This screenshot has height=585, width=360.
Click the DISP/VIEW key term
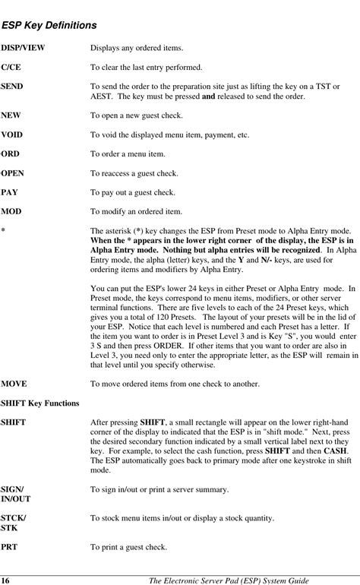[23, 48]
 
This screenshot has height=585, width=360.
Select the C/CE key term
[11, 68]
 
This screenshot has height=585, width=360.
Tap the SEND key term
[11, 87]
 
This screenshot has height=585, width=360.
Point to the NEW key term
[11, 115]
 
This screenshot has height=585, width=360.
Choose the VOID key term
[11, 134]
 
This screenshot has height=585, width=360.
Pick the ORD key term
[10, 153]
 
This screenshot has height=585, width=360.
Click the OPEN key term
[12, 172]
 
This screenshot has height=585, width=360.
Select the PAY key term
[9, 192]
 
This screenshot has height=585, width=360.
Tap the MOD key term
[11, 210]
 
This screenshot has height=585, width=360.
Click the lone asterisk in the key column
[3, 230]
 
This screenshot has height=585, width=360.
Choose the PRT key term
[10, 546]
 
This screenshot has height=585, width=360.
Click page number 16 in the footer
[5, 580]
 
